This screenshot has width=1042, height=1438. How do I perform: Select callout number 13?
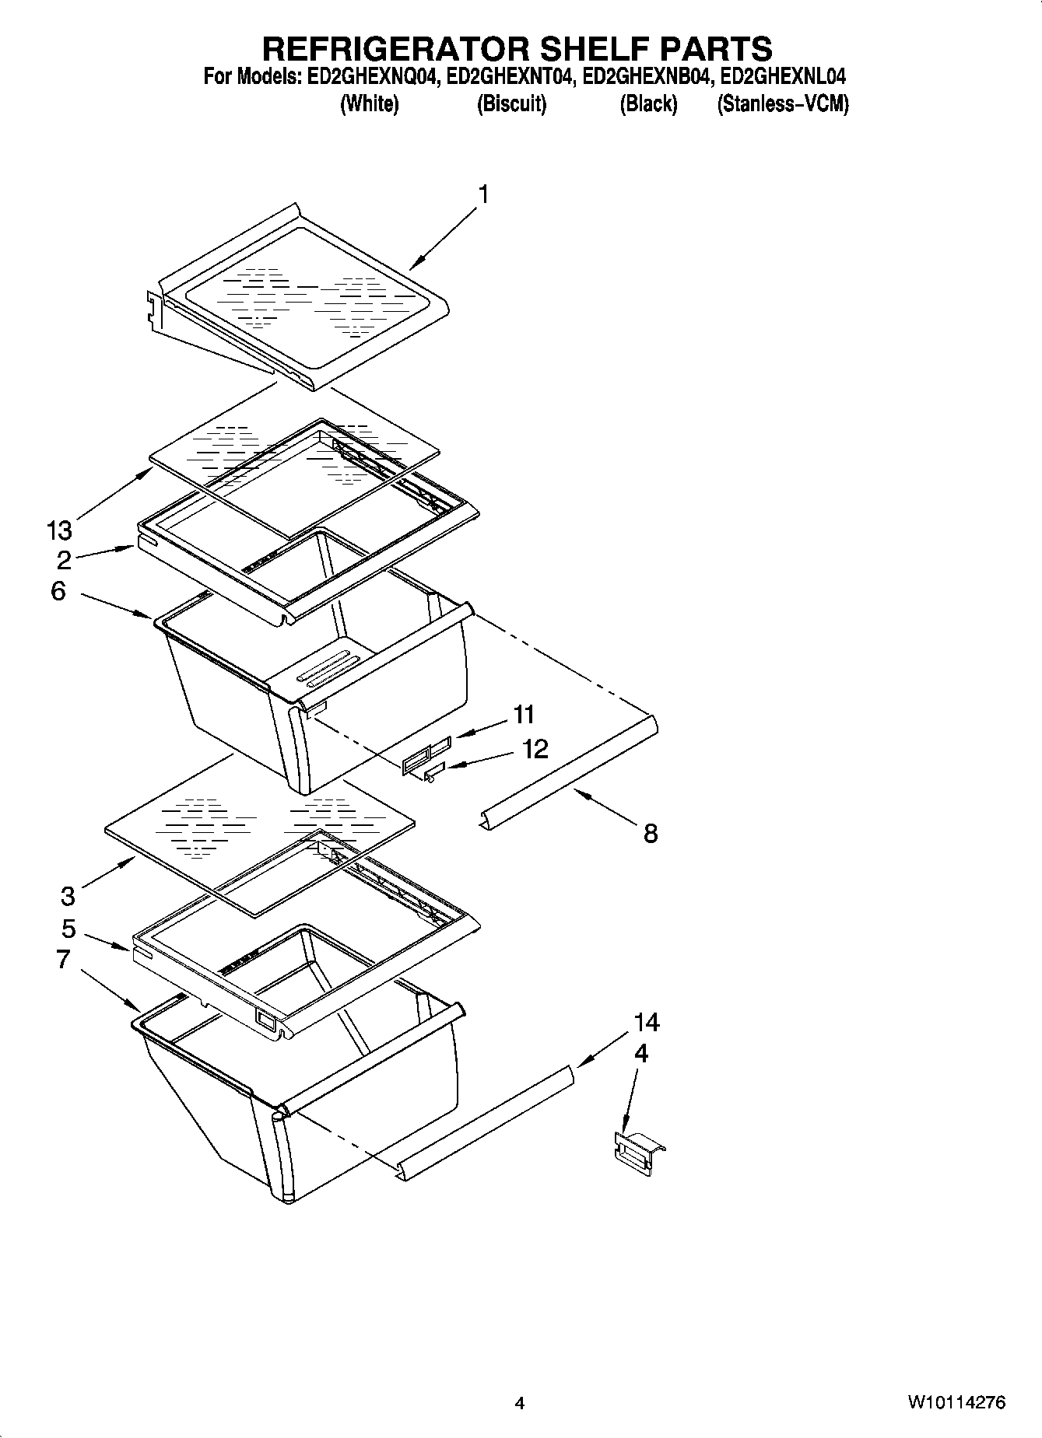click(x=58, y=530)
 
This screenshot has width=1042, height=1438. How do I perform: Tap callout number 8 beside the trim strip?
click(x=651, y=834)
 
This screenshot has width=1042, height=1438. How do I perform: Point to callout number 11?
click(x=524, y=713)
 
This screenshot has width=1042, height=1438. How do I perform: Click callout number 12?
click(x=535, y=748)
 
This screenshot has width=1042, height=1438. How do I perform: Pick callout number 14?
click(x=646, y=1022)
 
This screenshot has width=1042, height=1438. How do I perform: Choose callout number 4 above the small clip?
click(x=640, y=1053)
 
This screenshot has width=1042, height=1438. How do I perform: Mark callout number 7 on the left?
click(x=63, y=959)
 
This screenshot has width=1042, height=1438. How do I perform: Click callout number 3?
click(x=68, y=896)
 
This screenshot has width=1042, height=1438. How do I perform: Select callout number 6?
click(x=58, y=591)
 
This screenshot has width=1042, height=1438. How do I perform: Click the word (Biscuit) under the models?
click(x=511, y=103)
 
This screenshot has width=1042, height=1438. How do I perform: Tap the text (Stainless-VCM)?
click(x=782, y=103)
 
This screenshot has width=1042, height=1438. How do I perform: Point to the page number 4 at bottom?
click(x=520, y=1404)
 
